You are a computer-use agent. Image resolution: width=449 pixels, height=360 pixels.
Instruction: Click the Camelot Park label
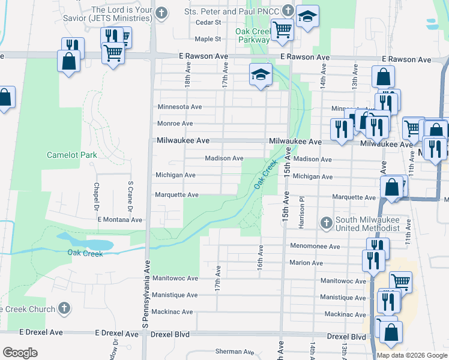point(72,155)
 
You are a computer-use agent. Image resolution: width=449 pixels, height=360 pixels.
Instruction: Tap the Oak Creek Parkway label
point(252,35)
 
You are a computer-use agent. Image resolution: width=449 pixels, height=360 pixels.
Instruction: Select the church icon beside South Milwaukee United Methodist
point(327,224)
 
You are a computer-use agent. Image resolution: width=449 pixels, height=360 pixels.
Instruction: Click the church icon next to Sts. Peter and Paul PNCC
point(288,11)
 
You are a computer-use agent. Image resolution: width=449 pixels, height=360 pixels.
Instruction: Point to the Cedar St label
point(209,23)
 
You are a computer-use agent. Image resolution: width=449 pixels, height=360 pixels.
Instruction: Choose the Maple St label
point(208,39)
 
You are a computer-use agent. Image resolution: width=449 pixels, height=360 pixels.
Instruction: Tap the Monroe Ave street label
point(175,124)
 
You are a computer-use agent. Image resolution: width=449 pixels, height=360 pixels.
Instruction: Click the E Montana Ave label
point(120,220)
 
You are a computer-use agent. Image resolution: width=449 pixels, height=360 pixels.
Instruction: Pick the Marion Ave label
point(306,263)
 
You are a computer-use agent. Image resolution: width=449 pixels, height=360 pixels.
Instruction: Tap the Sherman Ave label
point(235,352)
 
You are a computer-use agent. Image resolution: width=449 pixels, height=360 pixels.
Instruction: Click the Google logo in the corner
point(20,352)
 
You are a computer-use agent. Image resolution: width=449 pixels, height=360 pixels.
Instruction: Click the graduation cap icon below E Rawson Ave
point(261,75)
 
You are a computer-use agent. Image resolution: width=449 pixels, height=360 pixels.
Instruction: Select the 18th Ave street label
point(188,76)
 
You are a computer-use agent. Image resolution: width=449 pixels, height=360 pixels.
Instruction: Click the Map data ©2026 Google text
point(411,355)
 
